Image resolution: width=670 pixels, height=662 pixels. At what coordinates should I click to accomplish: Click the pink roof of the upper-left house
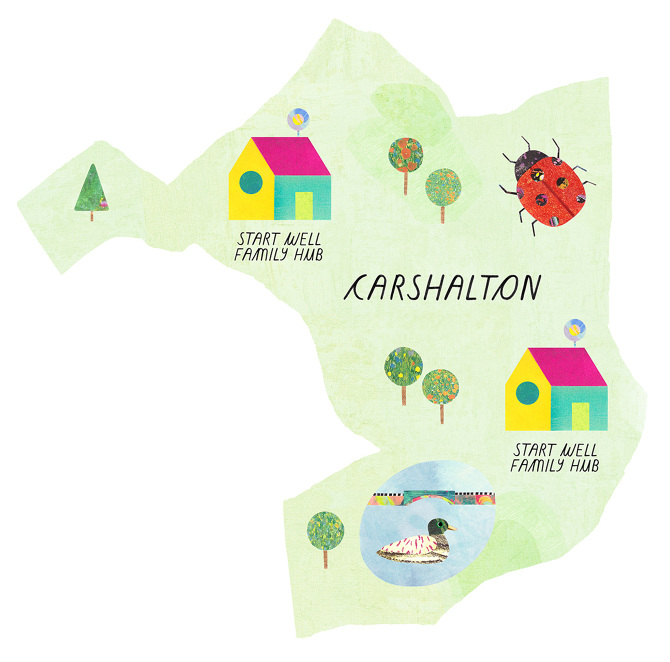click(x=290, y=152)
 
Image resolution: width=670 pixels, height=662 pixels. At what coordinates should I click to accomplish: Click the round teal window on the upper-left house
click(x=250, y=182)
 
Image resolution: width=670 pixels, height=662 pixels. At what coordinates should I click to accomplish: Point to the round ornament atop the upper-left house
click(x=297, y=120)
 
